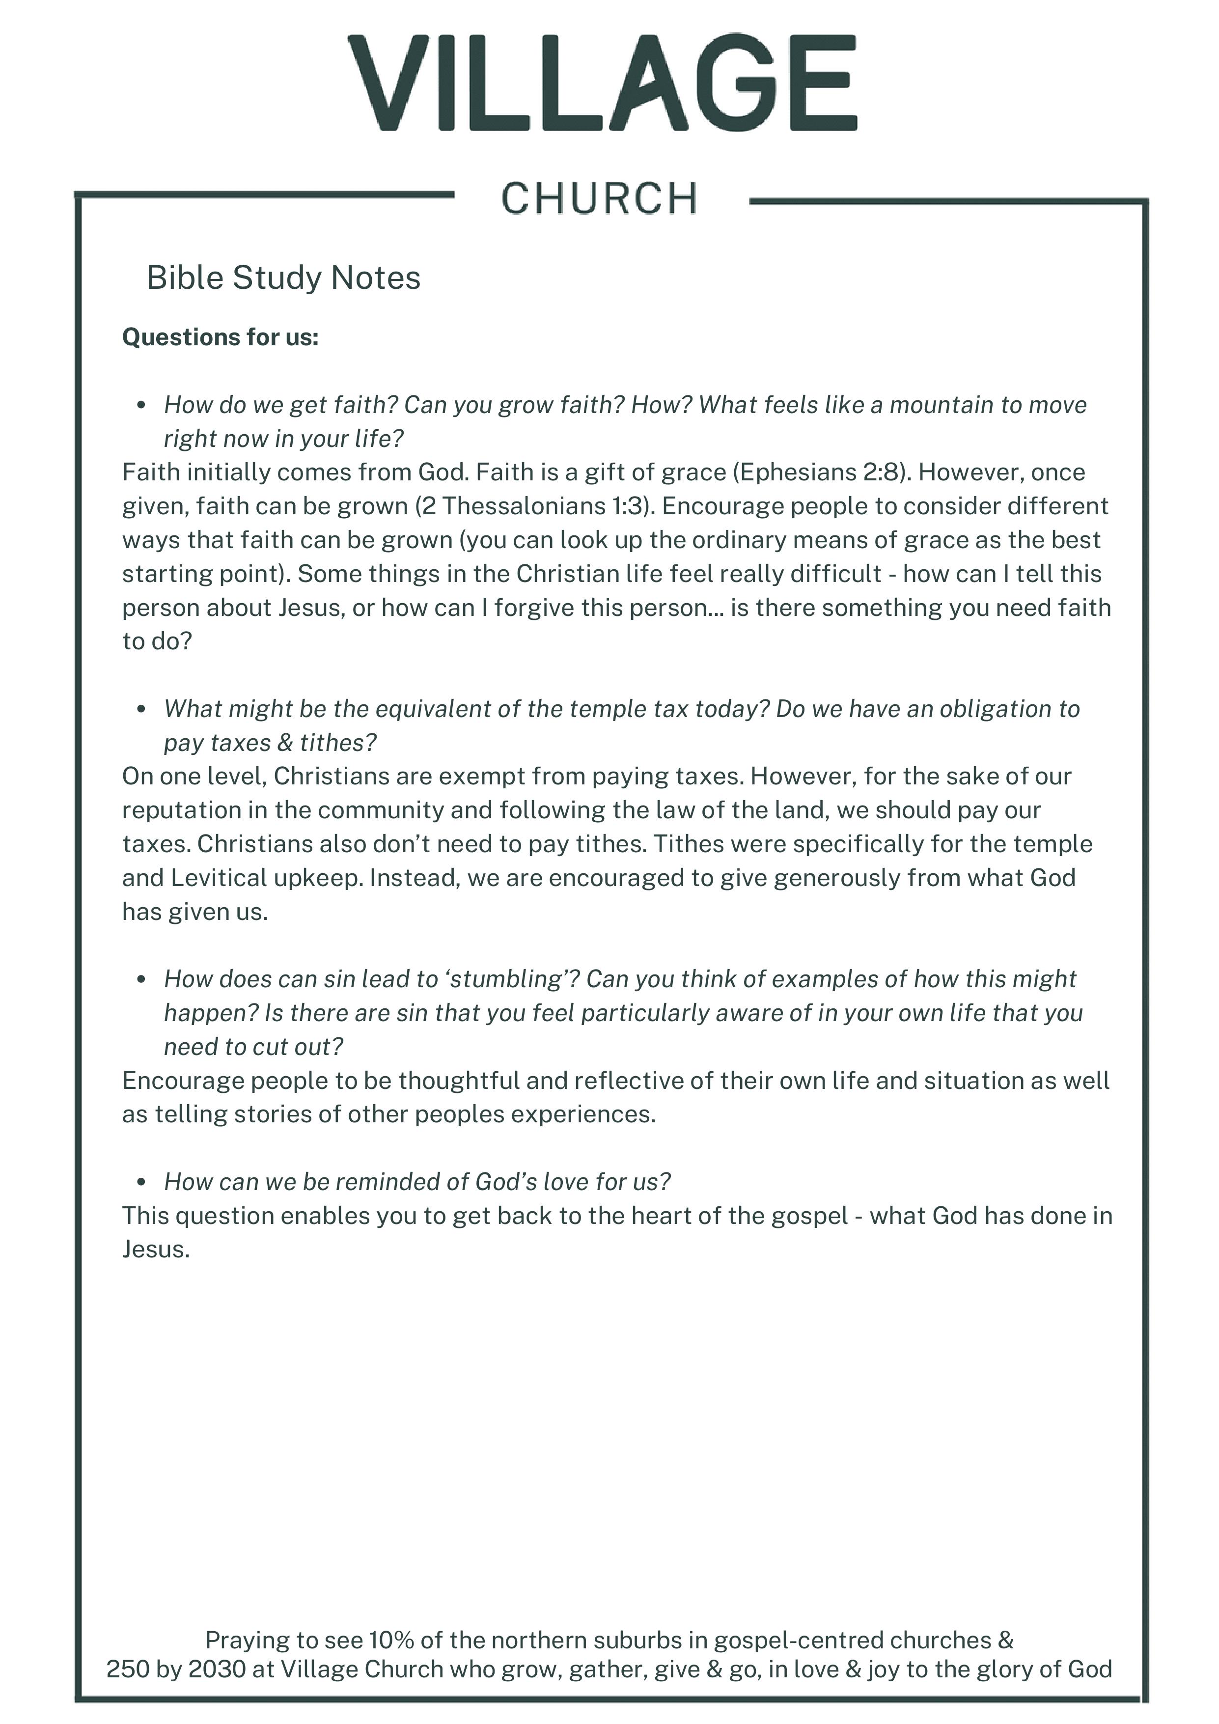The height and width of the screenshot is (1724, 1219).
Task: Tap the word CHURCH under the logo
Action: tap(599, 199)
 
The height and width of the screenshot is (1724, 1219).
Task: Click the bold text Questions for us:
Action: tap(220, 337)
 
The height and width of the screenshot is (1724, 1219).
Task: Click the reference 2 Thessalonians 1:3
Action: tap(533, 506)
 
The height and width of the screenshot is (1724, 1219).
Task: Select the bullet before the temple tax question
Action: tap(141, 710)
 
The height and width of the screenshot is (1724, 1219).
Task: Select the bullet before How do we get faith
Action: tap(141, 406)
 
